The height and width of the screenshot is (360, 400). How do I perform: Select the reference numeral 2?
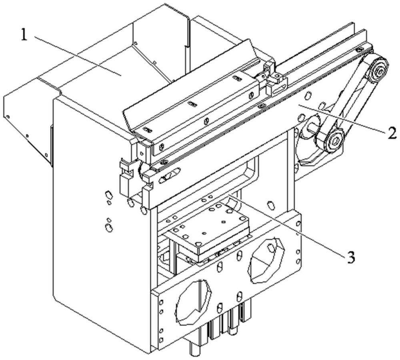388,132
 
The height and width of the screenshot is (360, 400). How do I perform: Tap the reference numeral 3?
350,257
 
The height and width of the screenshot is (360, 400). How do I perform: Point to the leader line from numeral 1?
76,55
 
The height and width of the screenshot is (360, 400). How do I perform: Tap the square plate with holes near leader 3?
208,232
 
